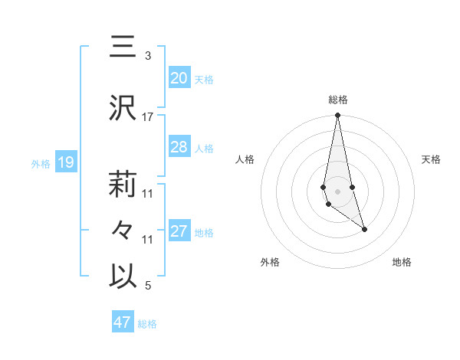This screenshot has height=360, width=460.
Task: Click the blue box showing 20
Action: pyautogui.click(x=179, y=78)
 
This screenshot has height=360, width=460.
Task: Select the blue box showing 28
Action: pyautogui.click(x=179, y=147)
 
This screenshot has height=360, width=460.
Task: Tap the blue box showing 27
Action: pyautogui.click(x=179, y=231)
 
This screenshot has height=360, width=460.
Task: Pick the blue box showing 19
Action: pyautogui.click(x=65, y=162)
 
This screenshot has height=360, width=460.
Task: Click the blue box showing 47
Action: pyautogui.click(x=123, y=322)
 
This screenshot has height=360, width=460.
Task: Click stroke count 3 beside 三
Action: pyautogui.click(x=147, y=56)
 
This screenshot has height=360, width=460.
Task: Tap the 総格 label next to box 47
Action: pyautogui.click(x=147, y=324)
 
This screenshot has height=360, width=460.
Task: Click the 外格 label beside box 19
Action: pyautogui.click(x=40, y=163)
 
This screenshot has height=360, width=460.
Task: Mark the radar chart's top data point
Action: pyautogui.click(x=337, y=116)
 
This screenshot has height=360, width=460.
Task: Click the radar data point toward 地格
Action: pyautogui.click(x=364, y=229)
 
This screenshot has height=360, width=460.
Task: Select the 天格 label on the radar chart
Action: pyautogui.click(x=432, y=159)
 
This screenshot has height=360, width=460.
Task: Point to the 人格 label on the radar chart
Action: pyautogui.click(x=245, y=159)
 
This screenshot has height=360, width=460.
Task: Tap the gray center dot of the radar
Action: pyautogui.click(x=337, y=191)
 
